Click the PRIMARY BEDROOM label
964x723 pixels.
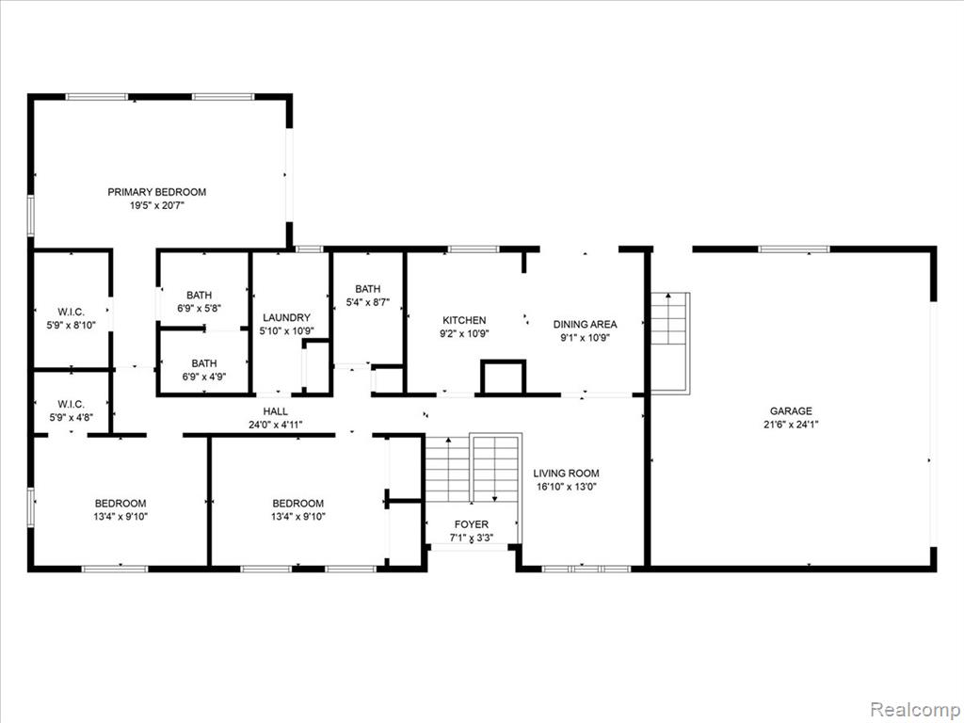157,192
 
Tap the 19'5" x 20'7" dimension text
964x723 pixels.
157,205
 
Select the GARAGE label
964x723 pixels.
791,411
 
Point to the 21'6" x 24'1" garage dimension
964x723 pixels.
791,425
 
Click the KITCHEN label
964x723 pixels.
464,320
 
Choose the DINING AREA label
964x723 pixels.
585,324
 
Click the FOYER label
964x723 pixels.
472,524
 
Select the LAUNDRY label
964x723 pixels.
286,318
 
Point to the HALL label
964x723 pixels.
276,411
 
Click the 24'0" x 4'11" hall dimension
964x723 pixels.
276,425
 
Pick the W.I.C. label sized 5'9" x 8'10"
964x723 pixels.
72,312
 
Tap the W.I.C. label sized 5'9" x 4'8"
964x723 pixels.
72,404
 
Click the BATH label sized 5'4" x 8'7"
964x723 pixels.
368,289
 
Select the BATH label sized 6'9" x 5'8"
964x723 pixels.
200,295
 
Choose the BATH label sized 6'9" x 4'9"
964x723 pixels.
204,363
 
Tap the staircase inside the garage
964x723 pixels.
670,343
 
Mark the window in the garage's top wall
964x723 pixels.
794,249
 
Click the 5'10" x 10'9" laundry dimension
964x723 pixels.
286,330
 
